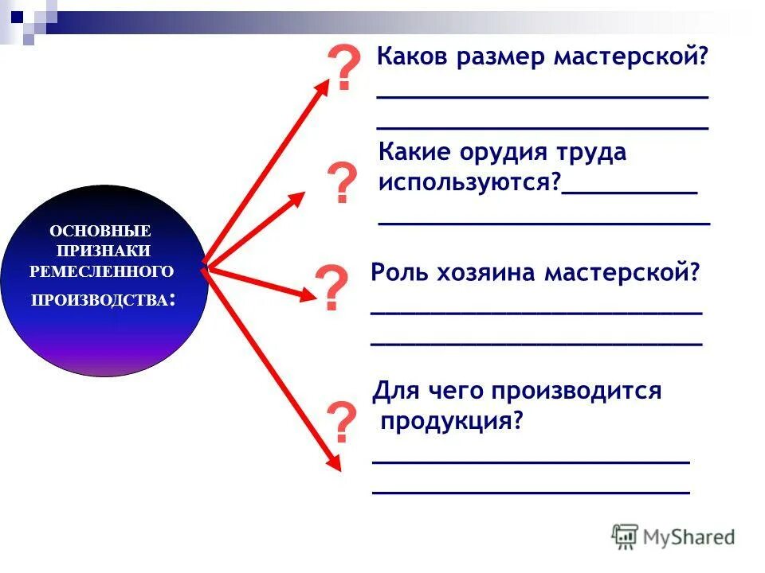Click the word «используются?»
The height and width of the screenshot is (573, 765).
[470, 181]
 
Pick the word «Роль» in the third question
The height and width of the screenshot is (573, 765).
[400, 273]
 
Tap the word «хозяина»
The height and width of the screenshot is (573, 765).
[486, 273]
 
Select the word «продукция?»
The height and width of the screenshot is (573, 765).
[451, 421]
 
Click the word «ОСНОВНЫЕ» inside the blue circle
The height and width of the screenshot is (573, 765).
[100, 231]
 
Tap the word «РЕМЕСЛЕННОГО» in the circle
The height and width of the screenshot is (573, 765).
[101, 271]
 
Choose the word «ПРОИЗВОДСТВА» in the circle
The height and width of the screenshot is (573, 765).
[100, 301]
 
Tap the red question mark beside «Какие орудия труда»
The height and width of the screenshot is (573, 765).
[343, 184]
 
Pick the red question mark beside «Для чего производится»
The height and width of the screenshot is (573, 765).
[342, 423]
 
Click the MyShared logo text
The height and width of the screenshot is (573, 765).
[688, 537]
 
